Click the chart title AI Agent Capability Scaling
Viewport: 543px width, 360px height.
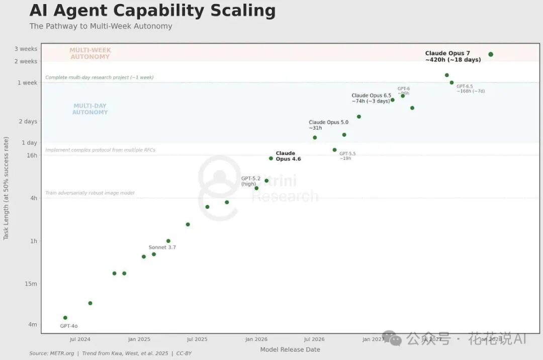click(x=152, y=11)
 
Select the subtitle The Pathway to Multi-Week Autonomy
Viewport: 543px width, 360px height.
click(x=101, y=26)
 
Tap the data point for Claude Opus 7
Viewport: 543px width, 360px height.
click(x=491, y=54)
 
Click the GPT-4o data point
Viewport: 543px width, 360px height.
click(x=65, y=318)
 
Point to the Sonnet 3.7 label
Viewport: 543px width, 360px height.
click(x=162, y=247)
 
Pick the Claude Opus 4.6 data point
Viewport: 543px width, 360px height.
click(x=271, y=158)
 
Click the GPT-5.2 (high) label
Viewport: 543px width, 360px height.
click(x=250, y=181)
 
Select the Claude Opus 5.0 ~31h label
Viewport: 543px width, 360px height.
click(x=328, y=125)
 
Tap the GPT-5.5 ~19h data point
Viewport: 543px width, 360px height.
click(x=334, y=150)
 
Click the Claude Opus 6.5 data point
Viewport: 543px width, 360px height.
click(x=393, y=100)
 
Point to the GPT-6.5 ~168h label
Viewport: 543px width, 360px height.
click(x=470, y=88)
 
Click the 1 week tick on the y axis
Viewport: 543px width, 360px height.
click(x=27, y=82)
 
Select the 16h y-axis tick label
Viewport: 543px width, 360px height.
click(x=32, y=155)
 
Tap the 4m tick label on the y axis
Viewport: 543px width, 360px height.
click(x=32, y=325)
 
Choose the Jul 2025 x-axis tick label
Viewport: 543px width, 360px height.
click(x=197, y=339)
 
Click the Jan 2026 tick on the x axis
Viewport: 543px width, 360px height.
click(x=256, y=339)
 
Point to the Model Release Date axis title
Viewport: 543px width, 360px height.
click(x=290, y=349)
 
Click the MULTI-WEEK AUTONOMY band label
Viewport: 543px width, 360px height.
click(x=90, y=53)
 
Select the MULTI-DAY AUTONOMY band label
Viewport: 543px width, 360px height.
click(x=90, y=109)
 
